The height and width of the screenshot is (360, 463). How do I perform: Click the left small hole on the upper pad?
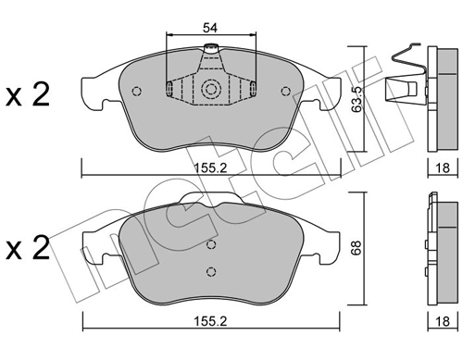137,91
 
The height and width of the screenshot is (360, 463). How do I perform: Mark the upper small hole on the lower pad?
212,245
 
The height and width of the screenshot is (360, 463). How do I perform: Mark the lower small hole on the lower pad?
212,271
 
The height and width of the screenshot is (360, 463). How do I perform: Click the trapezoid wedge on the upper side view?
401,91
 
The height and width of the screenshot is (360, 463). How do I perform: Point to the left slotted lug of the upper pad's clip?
171,90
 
